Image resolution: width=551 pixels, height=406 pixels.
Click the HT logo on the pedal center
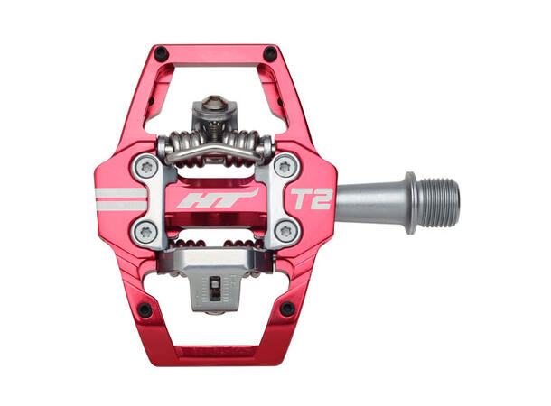216,198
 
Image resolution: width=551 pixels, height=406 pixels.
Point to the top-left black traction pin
161,52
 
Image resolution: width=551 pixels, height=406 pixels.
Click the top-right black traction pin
269,54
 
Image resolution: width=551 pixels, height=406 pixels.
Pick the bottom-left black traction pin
145,309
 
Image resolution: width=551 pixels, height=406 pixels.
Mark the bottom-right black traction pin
287,309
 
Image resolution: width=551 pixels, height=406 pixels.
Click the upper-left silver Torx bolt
146,167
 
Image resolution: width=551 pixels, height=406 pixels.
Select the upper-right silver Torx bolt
285,167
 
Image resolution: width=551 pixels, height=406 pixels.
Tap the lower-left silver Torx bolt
146,231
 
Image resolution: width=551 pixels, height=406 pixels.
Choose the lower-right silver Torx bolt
285,231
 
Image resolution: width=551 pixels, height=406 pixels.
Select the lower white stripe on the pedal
121,207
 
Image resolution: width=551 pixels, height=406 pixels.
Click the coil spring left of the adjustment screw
181,144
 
